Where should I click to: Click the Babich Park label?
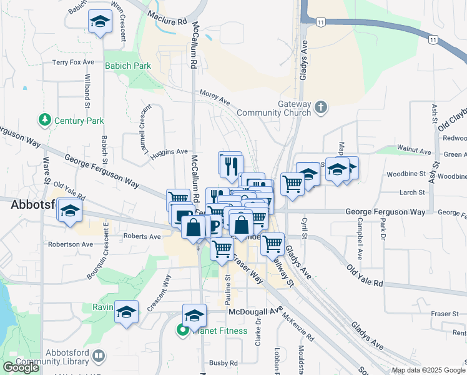[x=128, y=66]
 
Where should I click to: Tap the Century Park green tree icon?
[x=44, y=119]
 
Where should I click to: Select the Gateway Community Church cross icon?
[x=321, y=107]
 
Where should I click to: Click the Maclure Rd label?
[x=167, y=17]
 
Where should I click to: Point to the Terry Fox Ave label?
[x=73, y=62]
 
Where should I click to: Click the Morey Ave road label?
[x=215, y=93]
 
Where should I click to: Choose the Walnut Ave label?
[x=418, y=151]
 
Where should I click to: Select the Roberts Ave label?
[x=142, y=236]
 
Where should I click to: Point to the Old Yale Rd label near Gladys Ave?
[x=365, y=274]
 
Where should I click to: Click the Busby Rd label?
[x=224, y=363]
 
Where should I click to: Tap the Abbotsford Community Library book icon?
[x=98, y=356]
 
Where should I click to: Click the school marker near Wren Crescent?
[x=99, y=23]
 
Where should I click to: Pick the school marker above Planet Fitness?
[x=194, y=316]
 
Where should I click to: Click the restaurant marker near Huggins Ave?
[x=229, y=165]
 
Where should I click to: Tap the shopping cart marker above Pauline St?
[x=222, y=249]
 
